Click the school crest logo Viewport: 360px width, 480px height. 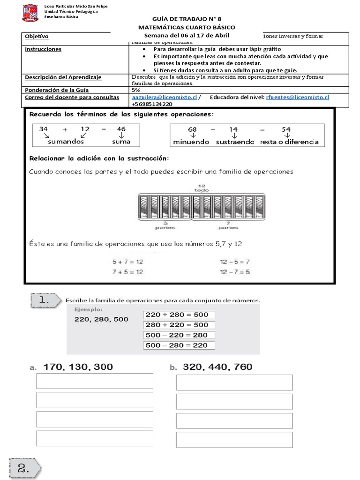(x=30, y=13)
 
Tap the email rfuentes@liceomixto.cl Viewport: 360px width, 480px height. (x=297, y=97)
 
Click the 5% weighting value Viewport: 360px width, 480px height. (x=136, y=90)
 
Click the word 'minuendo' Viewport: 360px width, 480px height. (x=191, y=142)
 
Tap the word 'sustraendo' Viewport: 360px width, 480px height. (x=235, y=142)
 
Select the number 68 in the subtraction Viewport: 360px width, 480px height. (x=192, y=129)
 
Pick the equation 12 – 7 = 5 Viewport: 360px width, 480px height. (x=234, y=272)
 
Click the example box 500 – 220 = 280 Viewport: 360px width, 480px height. (x=177, y=335)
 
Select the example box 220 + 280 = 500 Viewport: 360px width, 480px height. (x=177, y=315)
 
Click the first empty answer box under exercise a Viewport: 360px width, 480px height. (x=95, y=381)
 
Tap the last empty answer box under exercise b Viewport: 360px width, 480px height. (x=234, y=439)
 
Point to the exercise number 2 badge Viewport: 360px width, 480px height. (x=23, y=467)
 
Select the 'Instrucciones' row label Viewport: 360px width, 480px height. (x=43, y=49)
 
